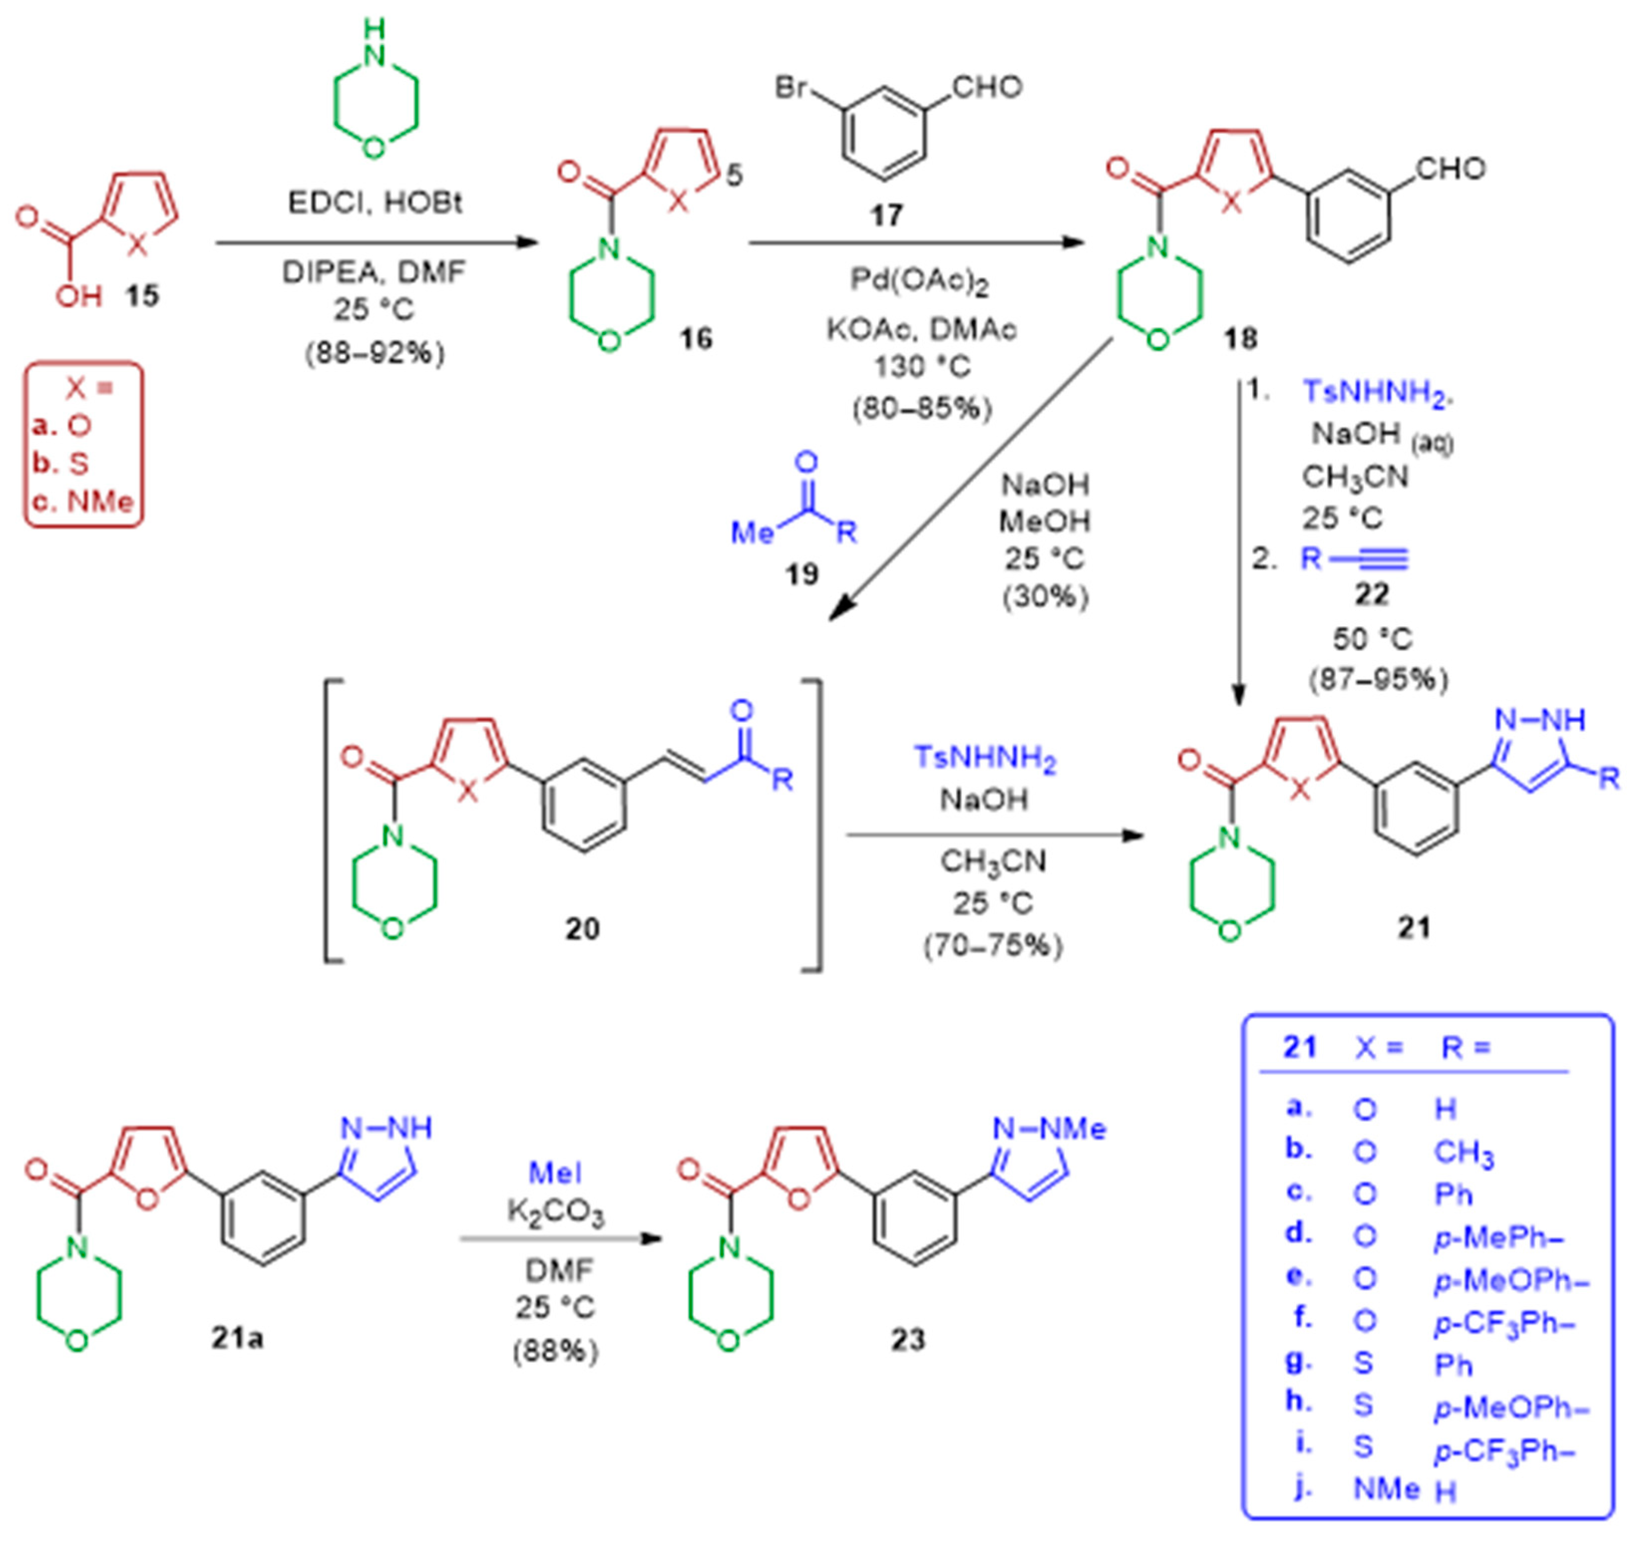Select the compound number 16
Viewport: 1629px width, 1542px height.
pyautogui.click(x=695, y=338)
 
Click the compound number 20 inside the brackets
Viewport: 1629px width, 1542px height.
pyautogui.click(x=582, y=929)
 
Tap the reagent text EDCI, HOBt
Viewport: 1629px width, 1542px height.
pyautogui.click(x=375, y=202)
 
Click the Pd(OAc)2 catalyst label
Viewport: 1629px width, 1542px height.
pyautogui.click(x=918, y=282)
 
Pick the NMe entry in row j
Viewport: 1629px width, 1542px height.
pyautogui.click(x=1386, y=1487)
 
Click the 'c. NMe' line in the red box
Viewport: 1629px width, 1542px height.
pyautogui.click(x=82, y=502)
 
